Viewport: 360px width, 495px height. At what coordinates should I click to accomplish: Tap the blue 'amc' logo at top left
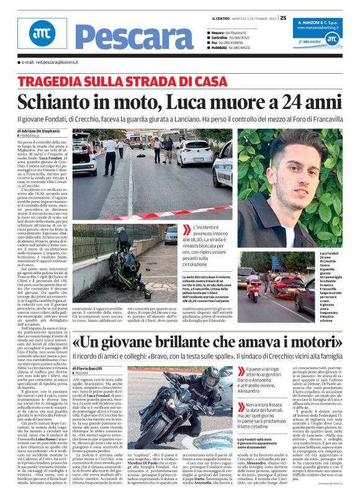click(42, 35)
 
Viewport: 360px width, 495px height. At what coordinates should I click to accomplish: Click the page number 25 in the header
click(282, 17)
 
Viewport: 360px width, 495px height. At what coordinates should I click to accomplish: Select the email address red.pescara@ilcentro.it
click(49, 63)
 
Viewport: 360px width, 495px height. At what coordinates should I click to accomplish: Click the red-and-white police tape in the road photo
click(155, 215)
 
